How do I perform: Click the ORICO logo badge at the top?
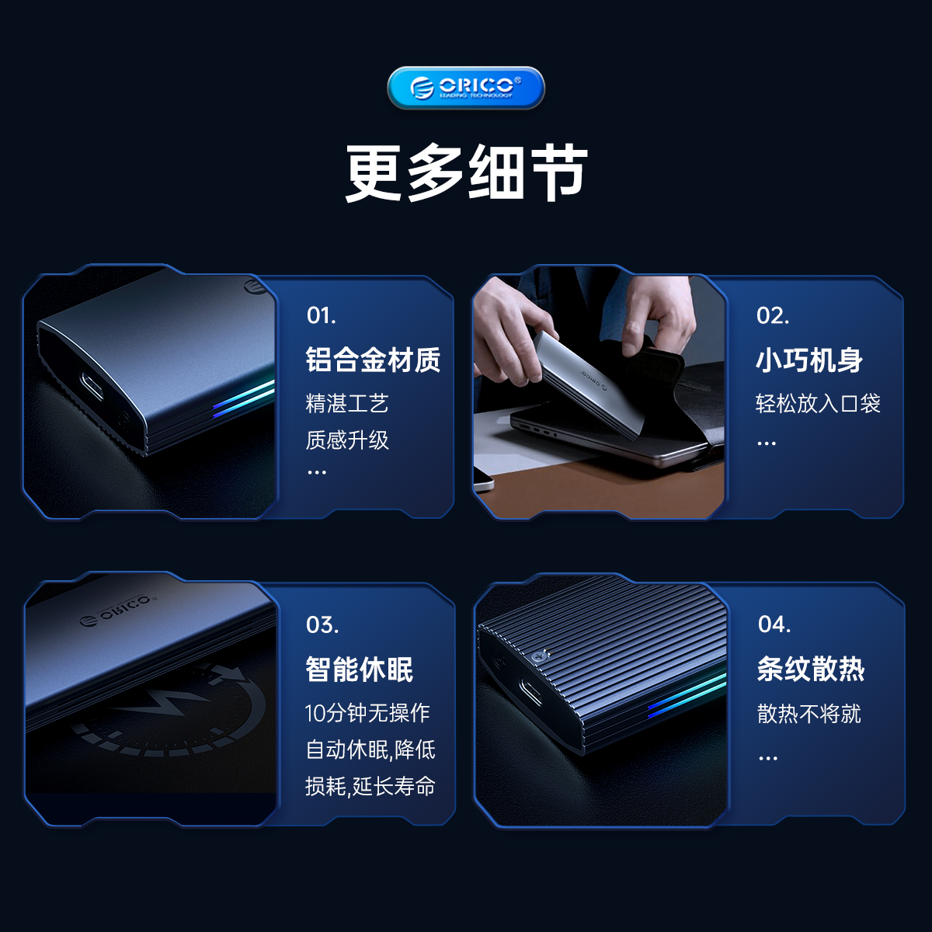click(466, 88)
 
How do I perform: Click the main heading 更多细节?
click(467, 172)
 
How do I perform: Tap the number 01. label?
click(321, 315)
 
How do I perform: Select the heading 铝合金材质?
click(373, 360)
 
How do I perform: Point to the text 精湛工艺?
click(346, 403)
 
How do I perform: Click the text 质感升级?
click(346, 440)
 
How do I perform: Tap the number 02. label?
click(772, 315)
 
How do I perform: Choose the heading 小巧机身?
click(809, 360)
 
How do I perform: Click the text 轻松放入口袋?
click(818, 403)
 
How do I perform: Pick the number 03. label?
click(322, 625)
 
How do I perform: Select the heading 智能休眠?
click(360, 669)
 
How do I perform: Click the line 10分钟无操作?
click(367, 712)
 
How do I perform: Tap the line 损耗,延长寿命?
click(370, 786)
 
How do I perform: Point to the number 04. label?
click(774, 624)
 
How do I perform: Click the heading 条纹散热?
click(811, 669)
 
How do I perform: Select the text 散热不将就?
click(809, 714)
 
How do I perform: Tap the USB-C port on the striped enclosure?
click(530, 691)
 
